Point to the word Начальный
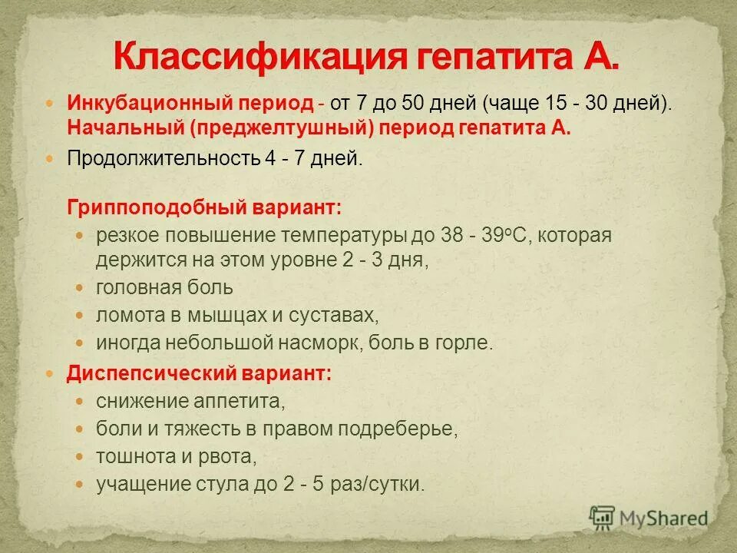coord(106,127)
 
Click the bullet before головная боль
coord(81,288)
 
